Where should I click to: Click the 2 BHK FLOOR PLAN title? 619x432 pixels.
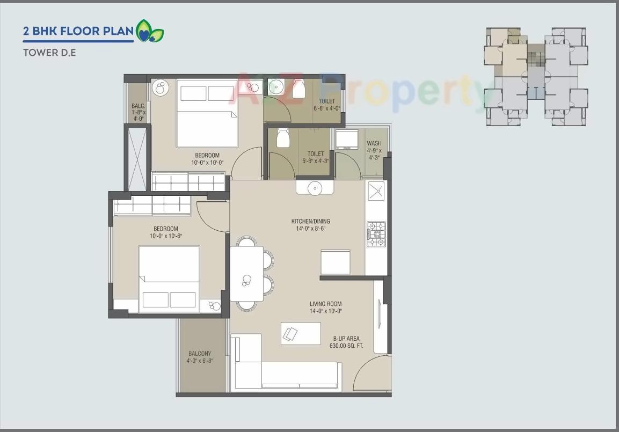78,31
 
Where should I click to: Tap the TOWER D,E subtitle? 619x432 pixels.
49,53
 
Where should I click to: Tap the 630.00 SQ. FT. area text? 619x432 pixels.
346,346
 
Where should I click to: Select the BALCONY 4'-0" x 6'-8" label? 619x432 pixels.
200,357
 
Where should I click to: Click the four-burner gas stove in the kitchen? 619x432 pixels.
376,234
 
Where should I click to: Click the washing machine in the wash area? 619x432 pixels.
346,139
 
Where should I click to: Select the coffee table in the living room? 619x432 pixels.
301,333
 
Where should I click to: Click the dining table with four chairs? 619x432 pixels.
247,274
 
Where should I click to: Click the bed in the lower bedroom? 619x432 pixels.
169,279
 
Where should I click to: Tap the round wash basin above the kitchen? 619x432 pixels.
315,187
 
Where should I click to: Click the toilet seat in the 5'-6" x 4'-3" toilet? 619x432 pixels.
283,138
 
